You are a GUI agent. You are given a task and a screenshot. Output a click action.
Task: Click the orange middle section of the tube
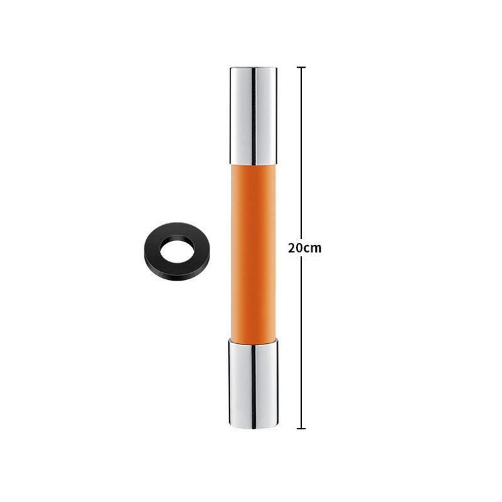253,251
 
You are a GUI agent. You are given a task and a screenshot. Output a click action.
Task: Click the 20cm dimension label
304,247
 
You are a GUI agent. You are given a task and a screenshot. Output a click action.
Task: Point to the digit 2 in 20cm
292,247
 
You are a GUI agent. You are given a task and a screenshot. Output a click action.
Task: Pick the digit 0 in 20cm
299,247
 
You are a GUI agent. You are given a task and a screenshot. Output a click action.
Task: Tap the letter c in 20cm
307,248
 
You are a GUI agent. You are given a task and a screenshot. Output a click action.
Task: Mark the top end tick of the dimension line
301,67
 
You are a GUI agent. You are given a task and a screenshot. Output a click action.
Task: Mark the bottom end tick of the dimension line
301,429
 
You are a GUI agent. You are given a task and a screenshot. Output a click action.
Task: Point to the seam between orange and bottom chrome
253,341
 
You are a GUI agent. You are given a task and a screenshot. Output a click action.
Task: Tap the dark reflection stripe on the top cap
254,113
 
